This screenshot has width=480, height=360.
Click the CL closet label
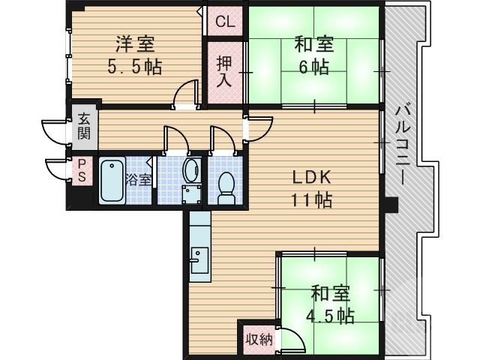coord(225,22)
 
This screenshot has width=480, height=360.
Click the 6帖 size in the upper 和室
coord(314,67)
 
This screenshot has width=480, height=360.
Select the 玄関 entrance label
coord(83,127)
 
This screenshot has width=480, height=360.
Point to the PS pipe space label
coord(81,172)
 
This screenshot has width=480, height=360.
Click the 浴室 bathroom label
coord(139,180)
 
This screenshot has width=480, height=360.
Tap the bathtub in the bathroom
coord(112,181)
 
